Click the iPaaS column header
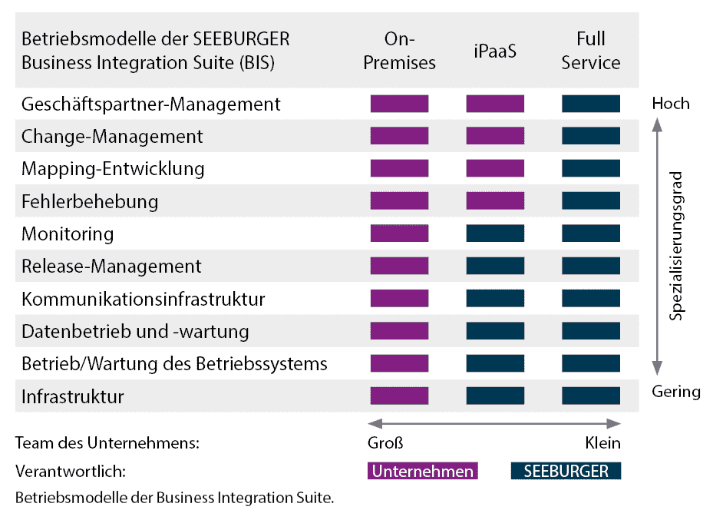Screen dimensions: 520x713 (495, 51)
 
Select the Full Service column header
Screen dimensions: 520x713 (590, 51)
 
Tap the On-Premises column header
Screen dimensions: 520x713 (399, 51)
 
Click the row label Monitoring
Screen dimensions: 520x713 (68, 234)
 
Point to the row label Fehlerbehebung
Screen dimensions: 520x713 (90, 201)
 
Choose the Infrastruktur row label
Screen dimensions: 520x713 (73, 396)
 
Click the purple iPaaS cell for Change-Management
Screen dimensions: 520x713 (495, 136)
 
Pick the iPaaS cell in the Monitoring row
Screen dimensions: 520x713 (495, 234)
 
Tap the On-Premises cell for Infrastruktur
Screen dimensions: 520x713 (399, 396)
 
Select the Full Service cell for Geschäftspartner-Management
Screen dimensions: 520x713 (590, 104)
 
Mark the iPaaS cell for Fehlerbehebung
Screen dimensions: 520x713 (495, 201)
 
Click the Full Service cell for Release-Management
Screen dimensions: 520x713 (590, 266)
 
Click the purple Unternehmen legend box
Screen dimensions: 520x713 (422, 471)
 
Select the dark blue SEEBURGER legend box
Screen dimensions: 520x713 (566, 471)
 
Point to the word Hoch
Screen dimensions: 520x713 (671, 103)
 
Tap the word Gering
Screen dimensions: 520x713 (676, 392)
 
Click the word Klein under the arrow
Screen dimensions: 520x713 (602, 443)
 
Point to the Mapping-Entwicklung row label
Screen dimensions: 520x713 (113, 168)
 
